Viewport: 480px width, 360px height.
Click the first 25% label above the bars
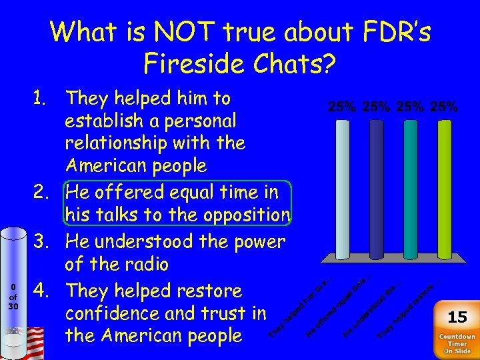(x=342, y=106)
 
